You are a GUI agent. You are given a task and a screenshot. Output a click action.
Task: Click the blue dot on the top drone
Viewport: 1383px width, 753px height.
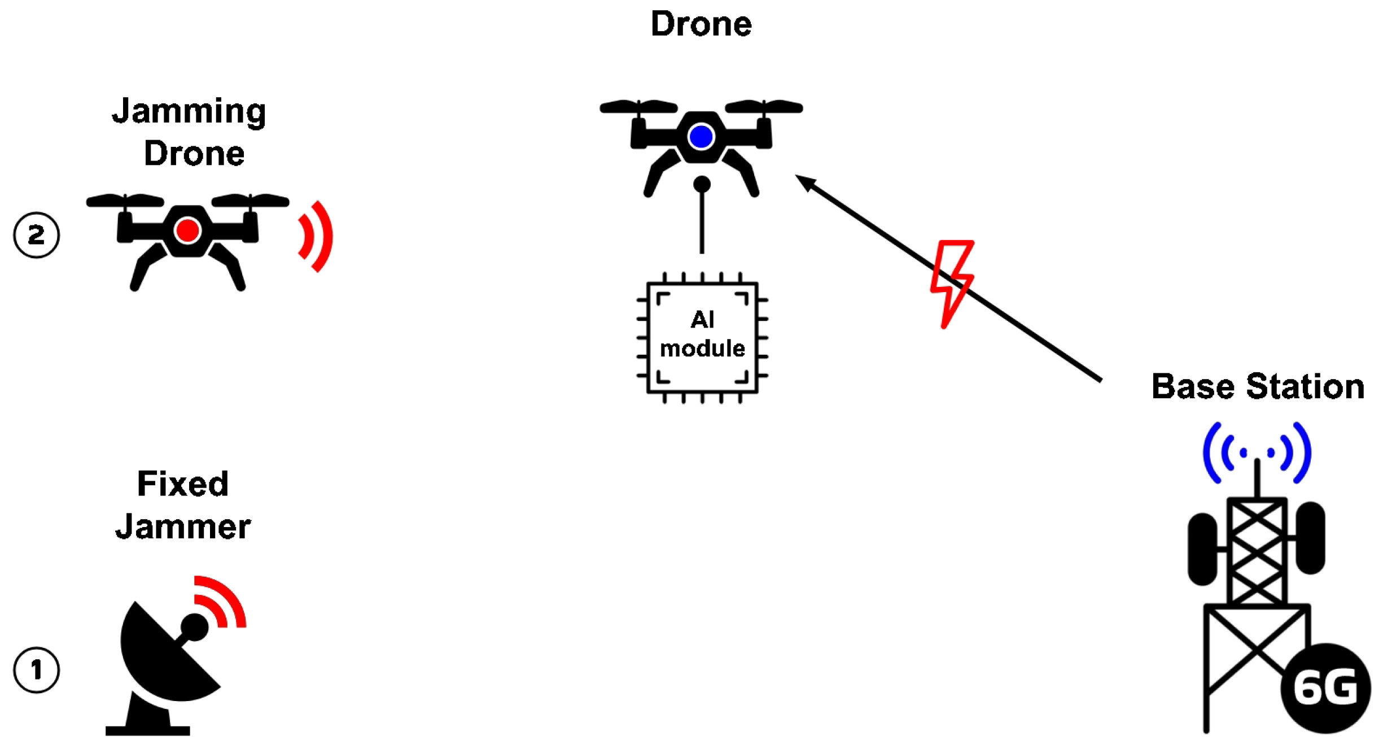click(701, 137)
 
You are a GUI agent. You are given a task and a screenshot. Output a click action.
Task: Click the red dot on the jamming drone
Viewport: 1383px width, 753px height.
click(187, 230)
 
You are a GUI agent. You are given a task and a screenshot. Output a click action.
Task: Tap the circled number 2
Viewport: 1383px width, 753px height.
click(37, 235)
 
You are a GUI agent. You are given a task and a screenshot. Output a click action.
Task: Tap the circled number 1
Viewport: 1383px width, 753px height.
click(37, 670)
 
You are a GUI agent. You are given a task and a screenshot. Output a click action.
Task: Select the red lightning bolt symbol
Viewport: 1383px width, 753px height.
click(952, 282)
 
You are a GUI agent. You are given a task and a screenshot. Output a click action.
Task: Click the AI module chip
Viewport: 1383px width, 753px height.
click(702, 337)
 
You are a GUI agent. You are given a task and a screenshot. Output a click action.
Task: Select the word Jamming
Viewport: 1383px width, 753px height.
click(189, 111)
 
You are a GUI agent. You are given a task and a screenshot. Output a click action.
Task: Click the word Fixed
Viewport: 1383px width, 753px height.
click(183, 484)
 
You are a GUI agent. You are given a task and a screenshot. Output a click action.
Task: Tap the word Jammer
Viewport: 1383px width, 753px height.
click(183, 527)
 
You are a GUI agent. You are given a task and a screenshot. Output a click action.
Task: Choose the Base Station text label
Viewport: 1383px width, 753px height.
click(1258, 387)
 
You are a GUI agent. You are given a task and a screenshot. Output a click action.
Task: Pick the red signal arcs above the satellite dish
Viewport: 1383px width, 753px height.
click(222, 600)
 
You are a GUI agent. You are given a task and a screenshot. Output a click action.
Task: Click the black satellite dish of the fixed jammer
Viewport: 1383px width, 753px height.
click(164, 655)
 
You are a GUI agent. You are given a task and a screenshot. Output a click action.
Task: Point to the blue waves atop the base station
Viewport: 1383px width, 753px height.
click(1257, 452)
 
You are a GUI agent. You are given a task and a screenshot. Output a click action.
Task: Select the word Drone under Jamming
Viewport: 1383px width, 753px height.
click(194, 154)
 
